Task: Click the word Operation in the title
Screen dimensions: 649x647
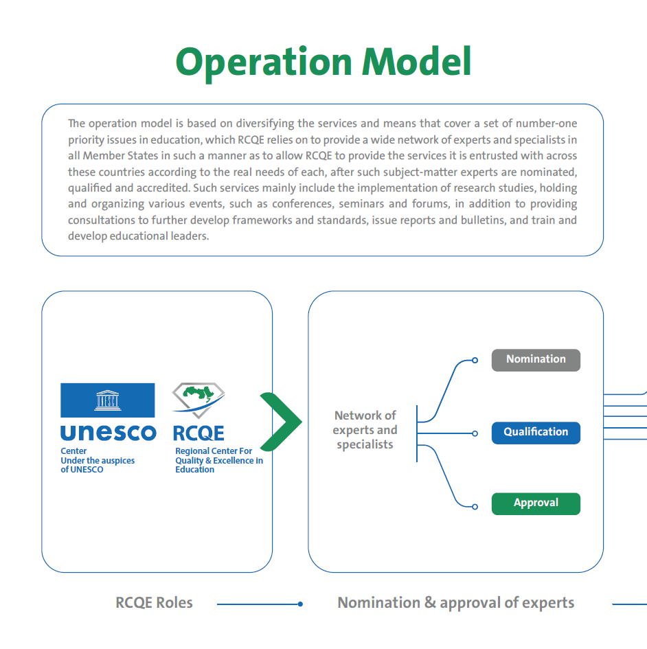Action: point(264,62)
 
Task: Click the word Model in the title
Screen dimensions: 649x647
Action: point(417,62)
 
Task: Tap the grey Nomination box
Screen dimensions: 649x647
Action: point(536,360)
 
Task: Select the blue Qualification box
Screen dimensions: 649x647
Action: point(536,433)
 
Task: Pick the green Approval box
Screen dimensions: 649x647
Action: point(536,503)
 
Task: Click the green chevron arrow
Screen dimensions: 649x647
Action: point(280,421)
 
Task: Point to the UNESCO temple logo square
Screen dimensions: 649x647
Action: point(108,400)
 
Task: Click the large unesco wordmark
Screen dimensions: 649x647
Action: point(108,433)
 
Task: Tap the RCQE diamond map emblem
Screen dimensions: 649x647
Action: point(198,400)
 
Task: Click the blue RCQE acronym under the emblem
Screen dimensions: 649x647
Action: point(198,433)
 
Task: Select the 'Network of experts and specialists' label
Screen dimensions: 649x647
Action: point(365,430)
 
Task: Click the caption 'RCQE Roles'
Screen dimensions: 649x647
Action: point(154,603)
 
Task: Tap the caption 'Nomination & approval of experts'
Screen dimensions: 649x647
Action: point(455,603)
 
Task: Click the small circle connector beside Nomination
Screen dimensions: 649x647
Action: point(475,360)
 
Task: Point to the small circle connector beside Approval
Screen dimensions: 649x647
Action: point(475,507)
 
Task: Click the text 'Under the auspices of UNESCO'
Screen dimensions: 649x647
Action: point(98,465)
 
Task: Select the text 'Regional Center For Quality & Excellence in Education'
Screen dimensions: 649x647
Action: point(218,460)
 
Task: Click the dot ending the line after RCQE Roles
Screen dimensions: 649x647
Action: point(300,604)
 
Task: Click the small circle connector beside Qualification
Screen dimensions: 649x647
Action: point(475,433)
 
